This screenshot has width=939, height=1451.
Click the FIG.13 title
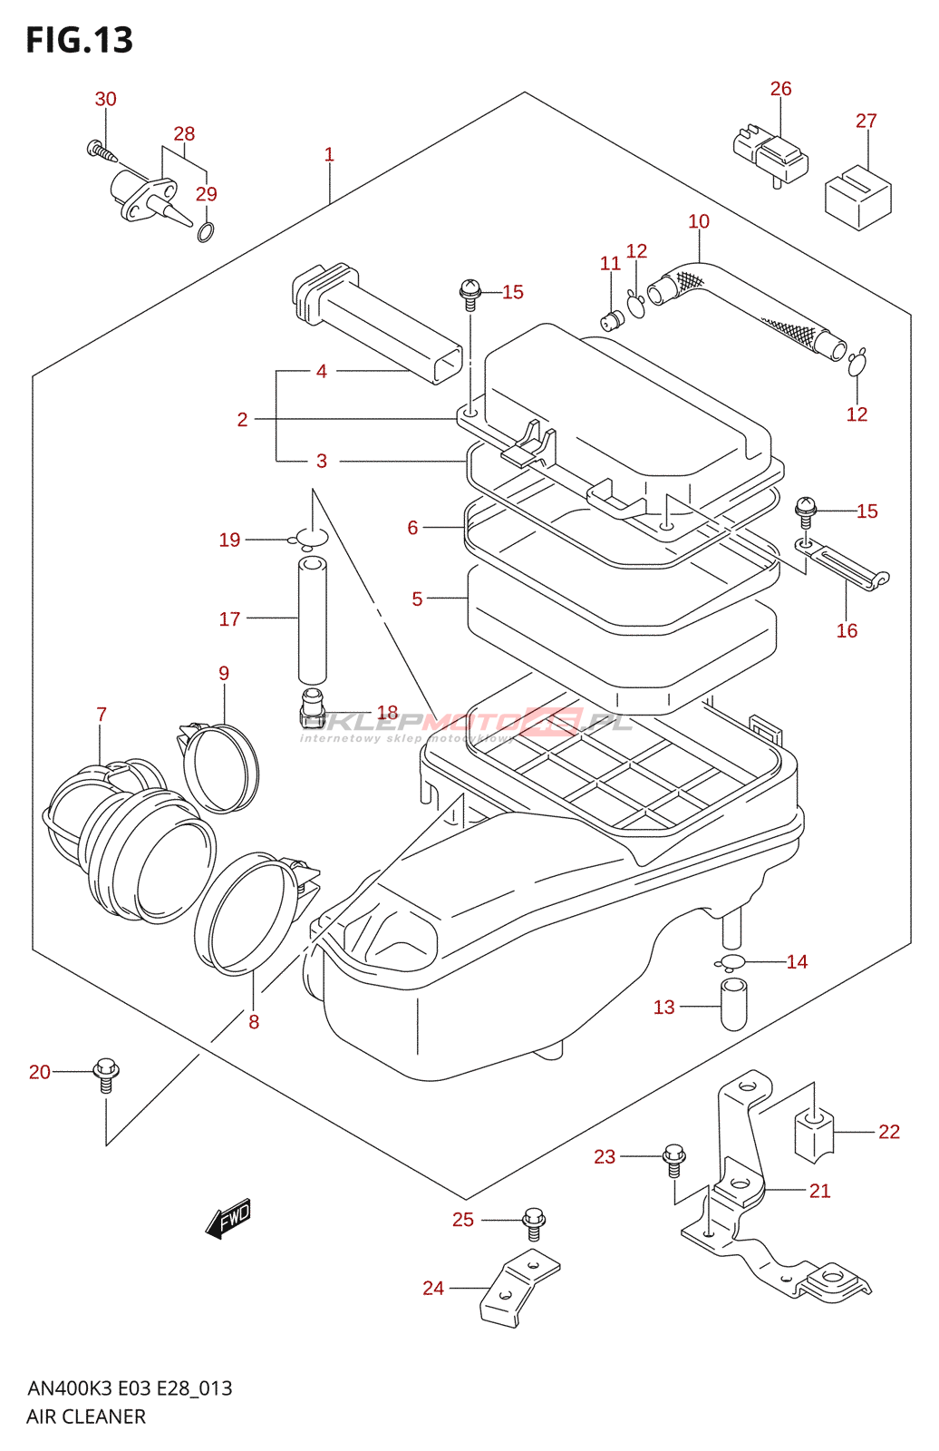click(x=80, y=40)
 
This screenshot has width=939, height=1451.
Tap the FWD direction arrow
click(x=228, y=1217)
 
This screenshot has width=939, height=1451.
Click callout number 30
click(x=106, y=99)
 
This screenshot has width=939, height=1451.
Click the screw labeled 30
click(x=102, y=151)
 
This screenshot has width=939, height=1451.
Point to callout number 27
click(x=866, y=121)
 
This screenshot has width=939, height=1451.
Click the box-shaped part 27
click(x=857, y=197)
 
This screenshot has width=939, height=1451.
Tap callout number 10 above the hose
click(x=699, y=221)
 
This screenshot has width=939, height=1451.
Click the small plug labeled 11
click(x=613, y=319)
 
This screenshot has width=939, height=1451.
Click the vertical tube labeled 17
click(x=313, y=620)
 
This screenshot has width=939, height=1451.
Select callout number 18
click(x=387, y=713)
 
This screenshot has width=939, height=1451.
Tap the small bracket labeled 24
click(x=518, y=1288)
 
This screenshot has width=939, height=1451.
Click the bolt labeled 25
click(x=534, y=1222)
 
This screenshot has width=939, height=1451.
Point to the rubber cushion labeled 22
click(x=813, y=1134)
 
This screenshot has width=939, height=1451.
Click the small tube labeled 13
click(x=733, y=1004)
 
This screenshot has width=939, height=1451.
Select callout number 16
click(x=847, y=630)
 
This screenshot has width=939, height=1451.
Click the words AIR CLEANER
click(x=86, y=1417)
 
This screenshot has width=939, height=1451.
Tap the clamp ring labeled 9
click(x=220, y=767)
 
